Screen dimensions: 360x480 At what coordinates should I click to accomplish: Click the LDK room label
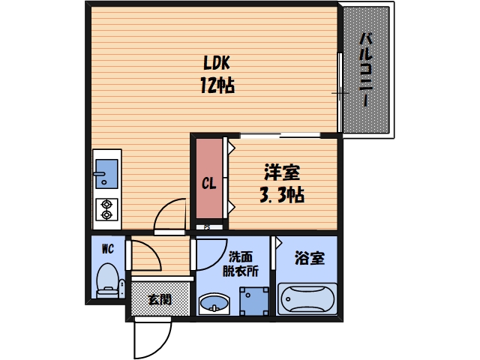(x=217, y=63)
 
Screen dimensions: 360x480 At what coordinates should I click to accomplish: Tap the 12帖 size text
(x=217, y=85)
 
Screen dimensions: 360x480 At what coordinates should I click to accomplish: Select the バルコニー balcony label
(x=366, y=69)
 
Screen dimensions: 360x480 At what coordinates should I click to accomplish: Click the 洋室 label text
(x=281, y=172)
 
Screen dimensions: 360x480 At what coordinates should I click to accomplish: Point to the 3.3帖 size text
(x=281, y=196)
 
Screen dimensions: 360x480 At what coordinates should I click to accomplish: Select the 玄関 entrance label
(x=158, y=299)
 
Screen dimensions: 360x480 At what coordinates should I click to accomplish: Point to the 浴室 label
(x=310, y=259)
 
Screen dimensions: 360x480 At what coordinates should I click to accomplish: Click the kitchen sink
(x=106, y=173)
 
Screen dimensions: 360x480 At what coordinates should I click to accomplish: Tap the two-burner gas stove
(x=106, y=209)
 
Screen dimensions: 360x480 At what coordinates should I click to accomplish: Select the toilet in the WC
(x=108, y=281)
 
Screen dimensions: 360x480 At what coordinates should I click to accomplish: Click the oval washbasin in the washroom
(x=214, y=304)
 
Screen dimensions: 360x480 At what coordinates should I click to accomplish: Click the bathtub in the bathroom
(x=307, y=300)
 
